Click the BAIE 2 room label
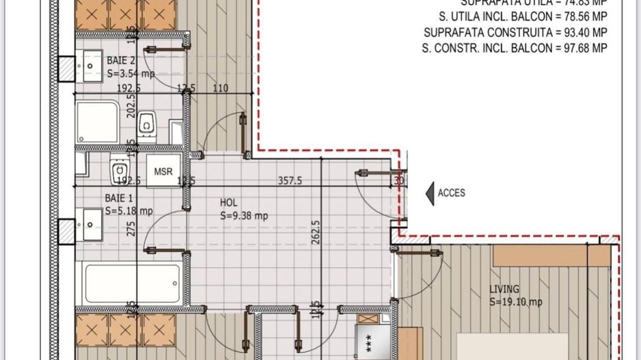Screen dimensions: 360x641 pyautogui.click(x=121, y=61)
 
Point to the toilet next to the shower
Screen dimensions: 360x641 pyautogui.click(x=146, y=125)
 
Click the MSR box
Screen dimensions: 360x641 pyautogui.click(x=163, y=171)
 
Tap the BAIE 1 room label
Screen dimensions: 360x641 pyautogui.click(x=120, y=198)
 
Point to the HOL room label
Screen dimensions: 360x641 pyautogui.click(x=228, y=203)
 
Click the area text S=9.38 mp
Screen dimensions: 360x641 pyautogui.click(x=243, y=215)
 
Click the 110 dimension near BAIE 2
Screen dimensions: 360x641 pyautogui.click(x=220, y=88)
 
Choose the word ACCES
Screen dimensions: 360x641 pyautogui.click(x=451, y=193)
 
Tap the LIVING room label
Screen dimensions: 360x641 pyautogui.click(x=504, y=289)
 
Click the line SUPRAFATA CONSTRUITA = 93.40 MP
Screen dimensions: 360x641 pyautogui.click(x=515, y=32)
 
